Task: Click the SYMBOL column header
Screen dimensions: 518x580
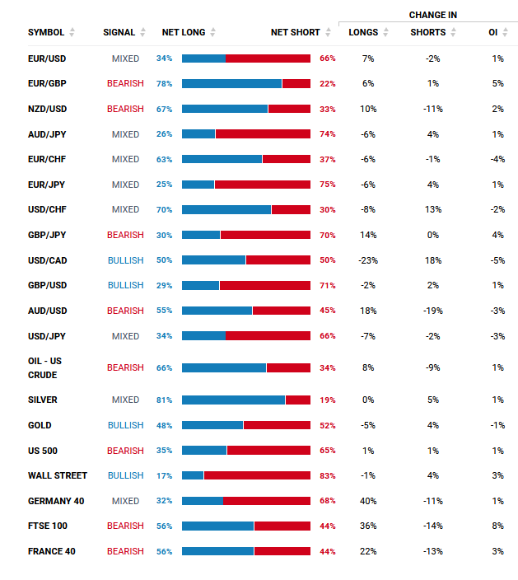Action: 46,33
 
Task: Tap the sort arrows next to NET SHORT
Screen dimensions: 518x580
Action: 328,33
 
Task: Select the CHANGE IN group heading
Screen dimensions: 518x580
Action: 433,15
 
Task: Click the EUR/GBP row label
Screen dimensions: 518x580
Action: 47,83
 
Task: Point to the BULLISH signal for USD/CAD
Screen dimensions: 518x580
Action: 126,260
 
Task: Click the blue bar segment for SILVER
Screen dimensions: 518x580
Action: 233,400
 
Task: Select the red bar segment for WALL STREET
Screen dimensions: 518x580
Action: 257,475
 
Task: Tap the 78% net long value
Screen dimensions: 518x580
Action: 164,83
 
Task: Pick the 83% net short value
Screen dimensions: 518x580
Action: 328,475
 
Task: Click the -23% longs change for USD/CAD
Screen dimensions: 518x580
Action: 368,260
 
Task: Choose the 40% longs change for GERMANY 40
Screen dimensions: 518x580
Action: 368,501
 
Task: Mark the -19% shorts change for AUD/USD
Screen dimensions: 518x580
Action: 433,311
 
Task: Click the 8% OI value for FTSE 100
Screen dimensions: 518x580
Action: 497,526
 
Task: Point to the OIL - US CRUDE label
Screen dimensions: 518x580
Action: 44,368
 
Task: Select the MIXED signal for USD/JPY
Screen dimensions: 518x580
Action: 126,336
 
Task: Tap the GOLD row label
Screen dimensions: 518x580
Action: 40,425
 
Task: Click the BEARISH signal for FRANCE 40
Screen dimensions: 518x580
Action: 125,551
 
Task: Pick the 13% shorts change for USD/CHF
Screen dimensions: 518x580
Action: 433,210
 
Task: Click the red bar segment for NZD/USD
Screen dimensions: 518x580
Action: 290,109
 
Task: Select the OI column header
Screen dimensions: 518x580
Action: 492,33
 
